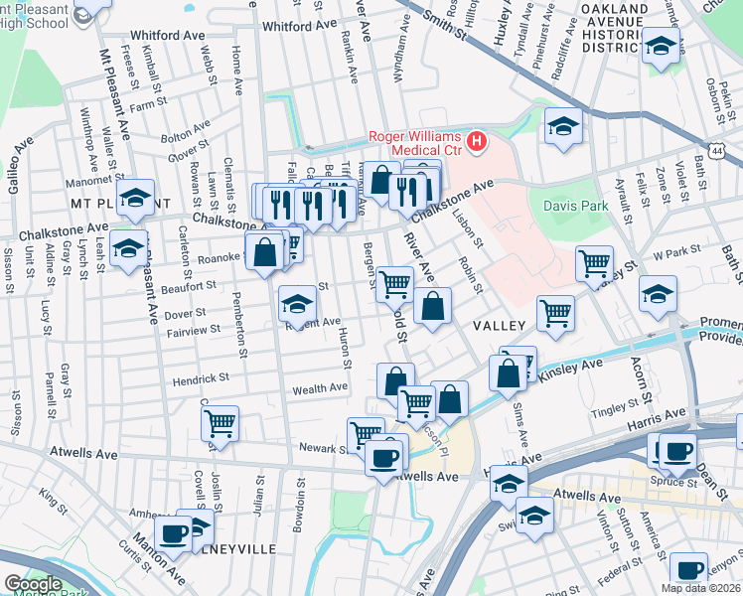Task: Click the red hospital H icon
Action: [478, 143]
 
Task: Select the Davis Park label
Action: [567, 207]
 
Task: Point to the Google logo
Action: [32, 584]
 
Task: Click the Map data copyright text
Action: [700, 588]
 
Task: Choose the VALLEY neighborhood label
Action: [498, 326]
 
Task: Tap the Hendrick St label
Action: [201, 378]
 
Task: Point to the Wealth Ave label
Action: [319, 390]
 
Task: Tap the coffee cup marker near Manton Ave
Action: [173, 532]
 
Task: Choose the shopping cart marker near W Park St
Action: [594, 263]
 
